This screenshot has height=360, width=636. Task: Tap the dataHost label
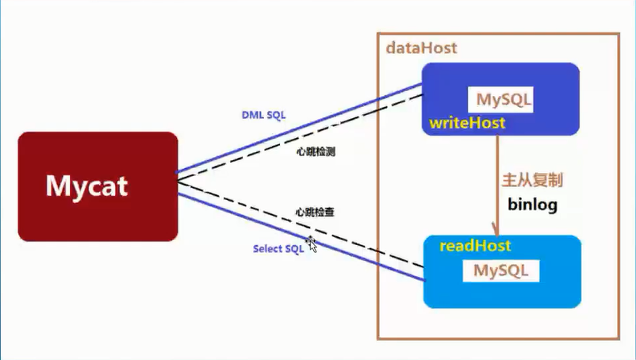(421, 48)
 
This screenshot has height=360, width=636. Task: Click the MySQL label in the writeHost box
(504, 100)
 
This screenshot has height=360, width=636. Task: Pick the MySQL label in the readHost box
(500, 270)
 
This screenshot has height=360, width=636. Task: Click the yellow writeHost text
(467, 124)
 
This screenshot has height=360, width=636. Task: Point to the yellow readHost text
(476, 246)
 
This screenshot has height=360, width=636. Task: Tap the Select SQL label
(278, 249)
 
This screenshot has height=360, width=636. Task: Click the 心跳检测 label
(314, 151)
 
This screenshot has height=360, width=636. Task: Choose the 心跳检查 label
(314, 212)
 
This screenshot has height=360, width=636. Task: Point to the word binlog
(532, 204)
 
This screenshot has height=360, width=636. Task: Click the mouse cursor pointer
(312, 244)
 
